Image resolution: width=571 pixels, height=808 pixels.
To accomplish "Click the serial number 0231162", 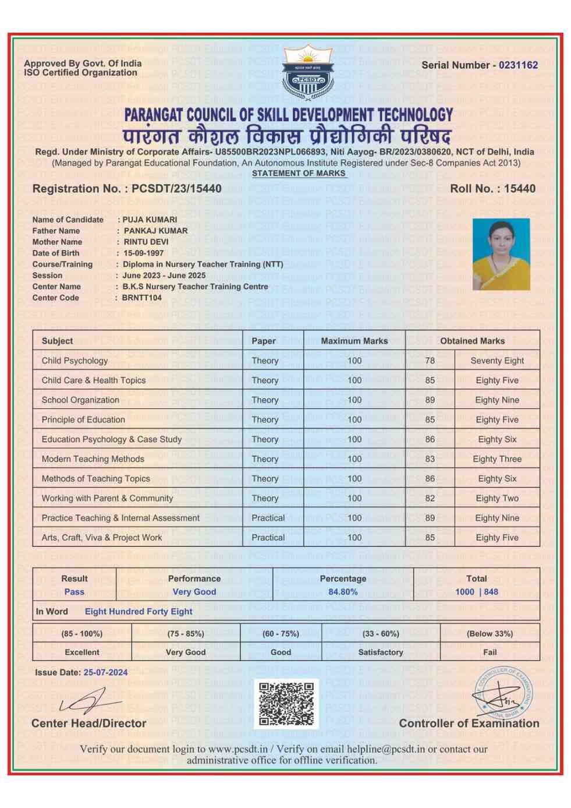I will tap(518, 65).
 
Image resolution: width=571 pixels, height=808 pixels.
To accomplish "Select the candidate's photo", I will tap(501, 254).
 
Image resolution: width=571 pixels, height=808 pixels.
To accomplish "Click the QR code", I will tap(286, 703).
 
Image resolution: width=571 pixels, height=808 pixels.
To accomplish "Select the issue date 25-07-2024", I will tap(105, 672).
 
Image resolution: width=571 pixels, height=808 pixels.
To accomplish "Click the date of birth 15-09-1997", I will tap(143, 253).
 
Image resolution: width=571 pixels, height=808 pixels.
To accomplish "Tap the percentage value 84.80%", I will tap(343, 592).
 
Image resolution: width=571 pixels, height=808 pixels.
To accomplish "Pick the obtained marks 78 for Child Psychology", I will tap(430, 361).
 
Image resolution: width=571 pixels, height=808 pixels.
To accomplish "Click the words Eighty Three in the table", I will tap(497, 459).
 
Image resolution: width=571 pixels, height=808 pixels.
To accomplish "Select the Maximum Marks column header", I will tap(354, 341).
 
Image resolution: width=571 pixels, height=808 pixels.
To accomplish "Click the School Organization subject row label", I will tap(80, 400).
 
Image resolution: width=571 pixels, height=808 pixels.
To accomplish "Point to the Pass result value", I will tap(75, 592).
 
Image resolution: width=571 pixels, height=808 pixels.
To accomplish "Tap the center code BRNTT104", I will tap(142, 298).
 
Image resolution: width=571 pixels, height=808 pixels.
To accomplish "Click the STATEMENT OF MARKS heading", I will tap(299, 173).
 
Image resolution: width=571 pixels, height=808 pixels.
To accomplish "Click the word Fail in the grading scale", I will tap(490, 652).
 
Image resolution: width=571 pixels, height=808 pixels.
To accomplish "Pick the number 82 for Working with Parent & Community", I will tap(430, 499).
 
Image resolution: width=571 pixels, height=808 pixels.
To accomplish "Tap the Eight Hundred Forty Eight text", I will tap(139, 612).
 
